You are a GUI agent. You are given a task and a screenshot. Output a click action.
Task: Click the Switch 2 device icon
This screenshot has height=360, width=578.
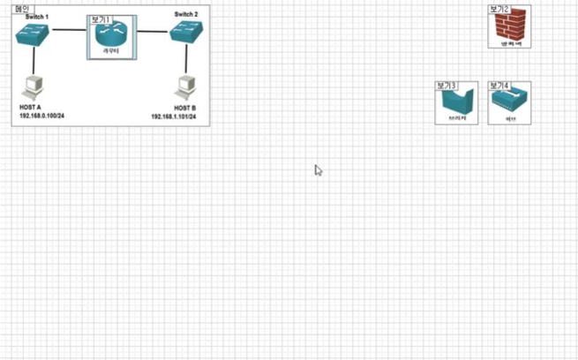coord(186,34)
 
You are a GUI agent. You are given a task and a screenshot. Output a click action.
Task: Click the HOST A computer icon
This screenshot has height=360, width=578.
coord(34,88)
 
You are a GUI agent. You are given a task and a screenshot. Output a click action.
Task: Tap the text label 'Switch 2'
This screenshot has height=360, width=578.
coord(186,14)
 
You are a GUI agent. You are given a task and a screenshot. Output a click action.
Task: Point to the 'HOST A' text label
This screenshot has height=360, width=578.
coord(30,107)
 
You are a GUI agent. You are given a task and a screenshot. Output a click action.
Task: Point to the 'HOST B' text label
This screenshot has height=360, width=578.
coord(184,107)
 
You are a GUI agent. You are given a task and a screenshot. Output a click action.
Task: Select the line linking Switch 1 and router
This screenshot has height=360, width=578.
coord(69,31)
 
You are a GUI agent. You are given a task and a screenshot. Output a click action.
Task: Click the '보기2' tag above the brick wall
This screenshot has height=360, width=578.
coord(499,10)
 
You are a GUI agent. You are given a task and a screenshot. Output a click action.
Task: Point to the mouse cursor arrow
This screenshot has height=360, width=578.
coord(319,169)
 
